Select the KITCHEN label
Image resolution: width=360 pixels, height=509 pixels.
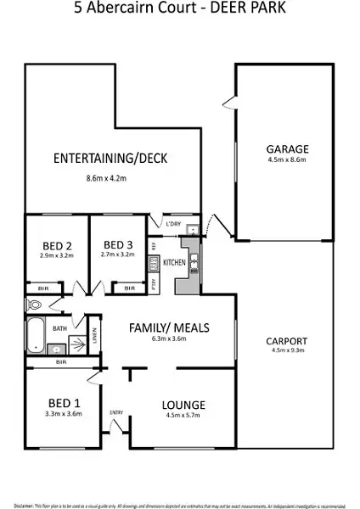tap(174, 264)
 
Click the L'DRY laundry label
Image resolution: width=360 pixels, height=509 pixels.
tap(175, 223)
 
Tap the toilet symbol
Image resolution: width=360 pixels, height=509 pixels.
tap(35, 305)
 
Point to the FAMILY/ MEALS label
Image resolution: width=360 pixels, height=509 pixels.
tap(168, 327)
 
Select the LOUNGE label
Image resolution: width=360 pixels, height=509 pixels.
tap(183, 405)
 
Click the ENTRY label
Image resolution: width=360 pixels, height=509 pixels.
tap(116, 413)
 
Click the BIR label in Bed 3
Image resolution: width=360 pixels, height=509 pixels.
tap(128, 288)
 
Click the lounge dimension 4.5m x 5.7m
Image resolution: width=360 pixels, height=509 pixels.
tap(183, 416)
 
